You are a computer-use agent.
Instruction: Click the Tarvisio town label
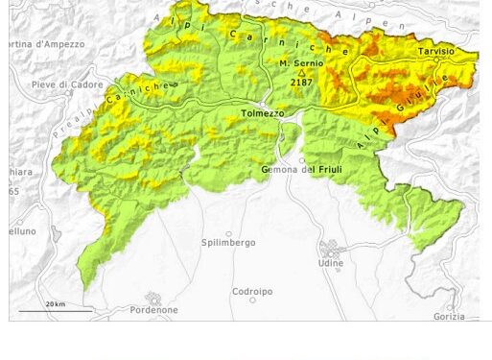tap(435, 50)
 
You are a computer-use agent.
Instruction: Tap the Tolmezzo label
tap(262, 113)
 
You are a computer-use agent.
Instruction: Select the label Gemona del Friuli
tap(301, 170)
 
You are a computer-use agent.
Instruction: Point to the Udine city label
tap(331, 263)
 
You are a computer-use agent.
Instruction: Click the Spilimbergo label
tap(228, 243)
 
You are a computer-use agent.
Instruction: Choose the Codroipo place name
tap(252, 291)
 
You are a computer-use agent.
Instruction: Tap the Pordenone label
tap(153, 310)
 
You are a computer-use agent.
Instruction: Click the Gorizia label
tap(448, 316)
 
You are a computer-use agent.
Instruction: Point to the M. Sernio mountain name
tap(301, 62)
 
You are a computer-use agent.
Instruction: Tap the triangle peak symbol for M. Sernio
tap(301, 73)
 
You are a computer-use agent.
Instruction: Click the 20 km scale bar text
tap(55, 304)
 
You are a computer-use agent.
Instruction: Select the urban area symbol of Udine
tap(331, 249)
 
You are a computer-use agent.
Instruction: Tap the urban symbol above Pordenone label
tap(152, 299)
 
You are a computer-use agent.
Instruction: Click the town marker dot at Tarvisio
tap(436, 60)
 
